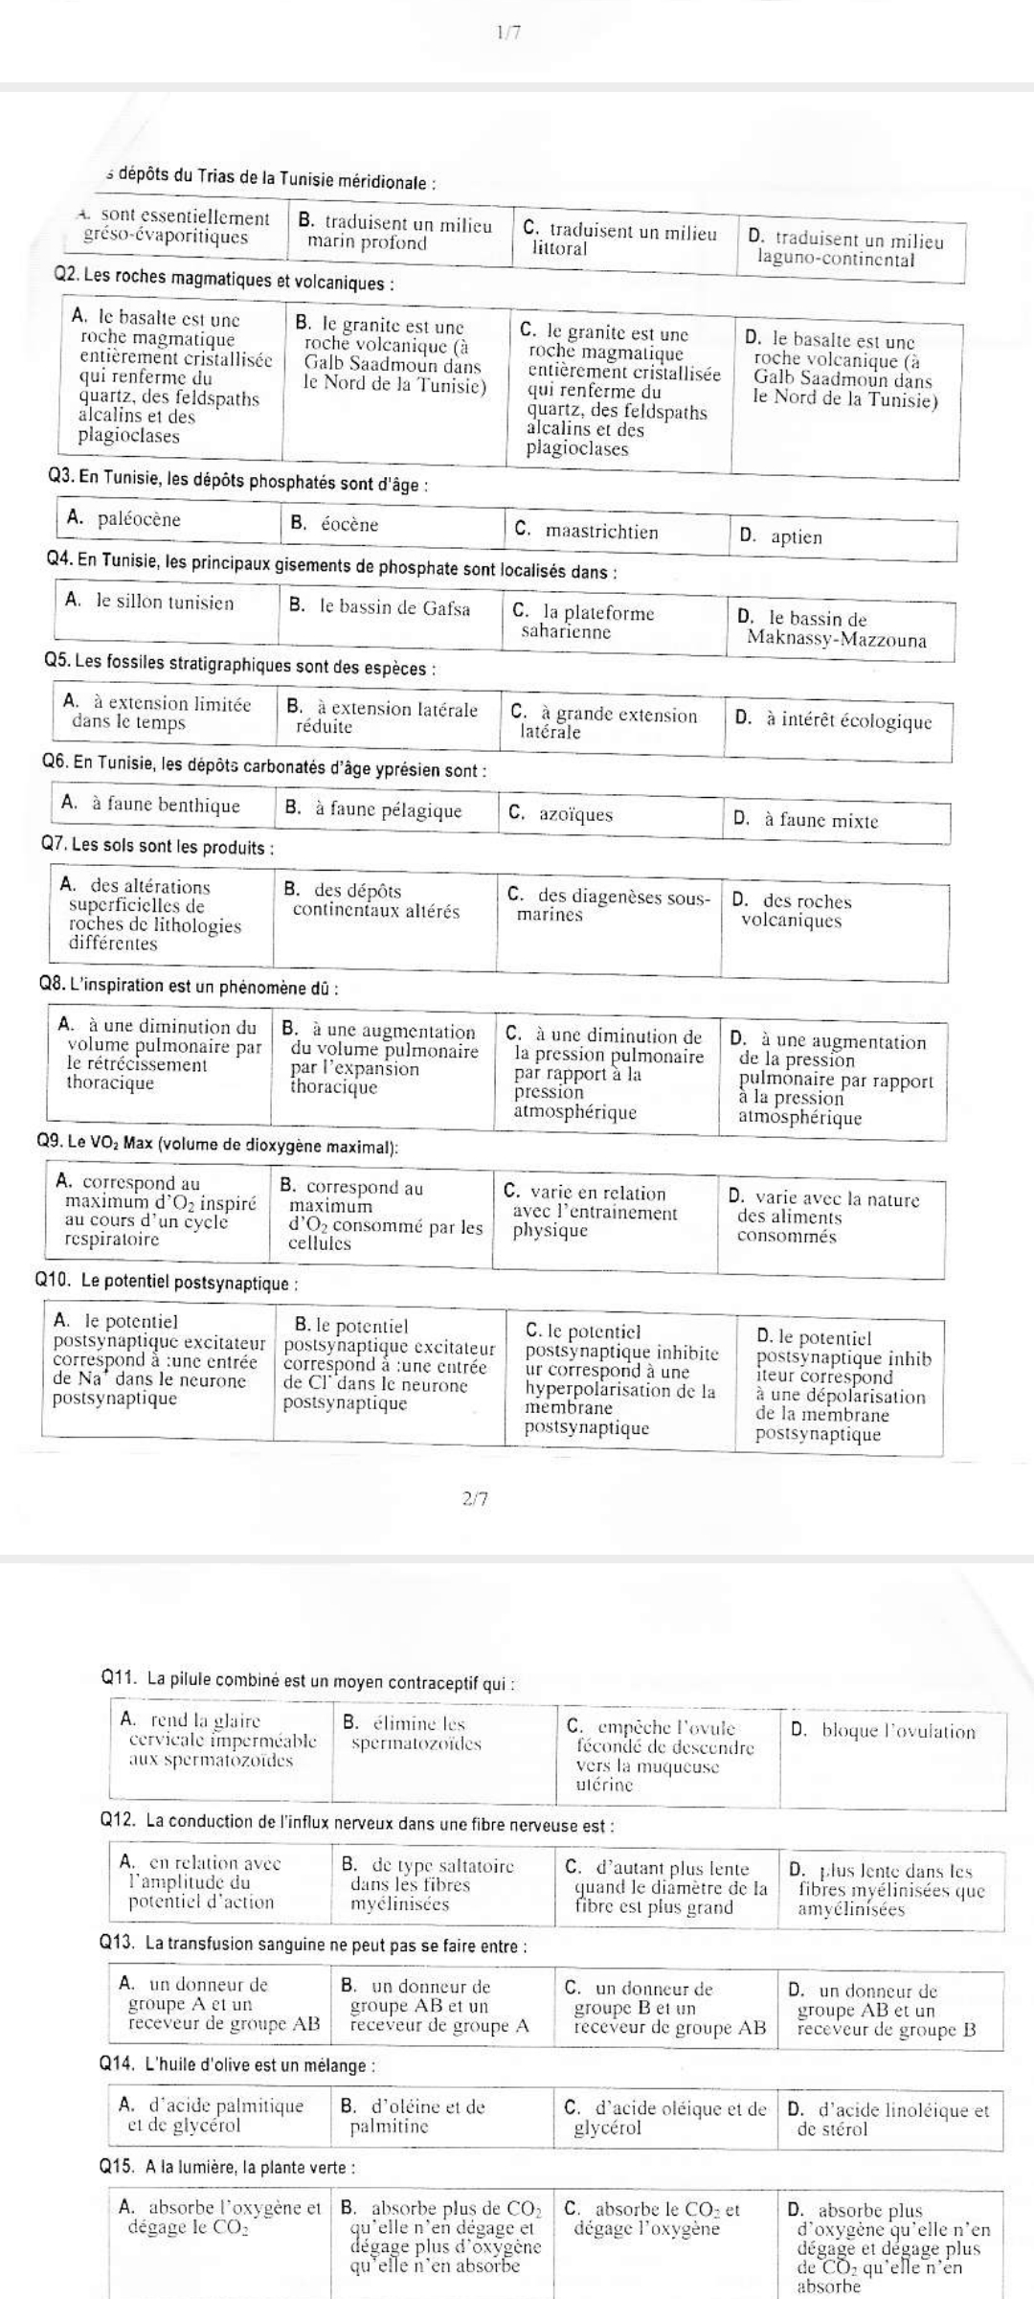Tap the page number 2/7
point(475,1499)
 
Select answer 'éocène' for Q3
point(348,525)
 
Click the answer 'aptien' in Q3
point(794,537)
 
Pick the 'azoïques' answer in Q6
point(574,815)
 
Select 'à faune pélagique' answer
point(388,811)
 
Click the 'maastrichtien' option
point(600,532)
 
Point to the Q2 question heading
point(226,284)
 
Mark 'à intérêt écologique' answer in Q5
point(846,721)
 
